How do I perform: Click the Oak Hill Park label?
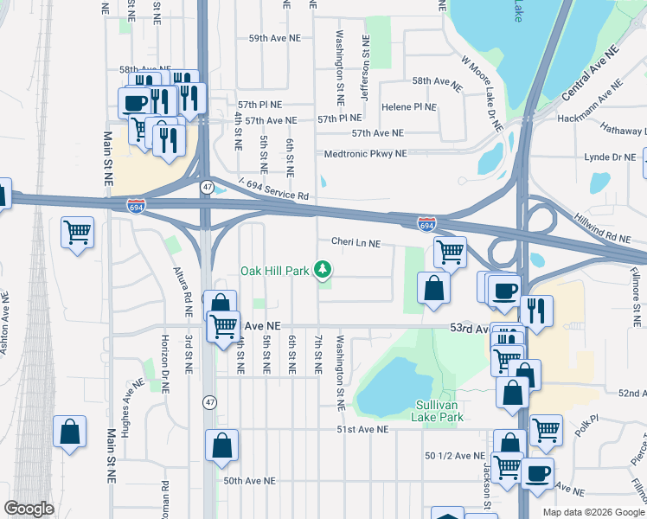coord(274,271)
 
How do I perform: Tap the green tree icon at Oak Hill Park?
coord(323,271)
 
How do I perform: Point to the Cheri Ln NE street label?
coord(355,244)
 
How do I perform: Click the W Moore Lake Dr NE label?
coord(482,94)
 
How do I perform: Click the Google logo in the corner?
coord(29,508)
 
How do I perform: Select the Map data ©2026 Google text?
coord(593,512)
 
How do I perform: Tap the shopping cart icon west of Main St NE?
coord(77,231)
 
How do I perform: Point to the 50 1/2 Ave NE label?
coord(454,456)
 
